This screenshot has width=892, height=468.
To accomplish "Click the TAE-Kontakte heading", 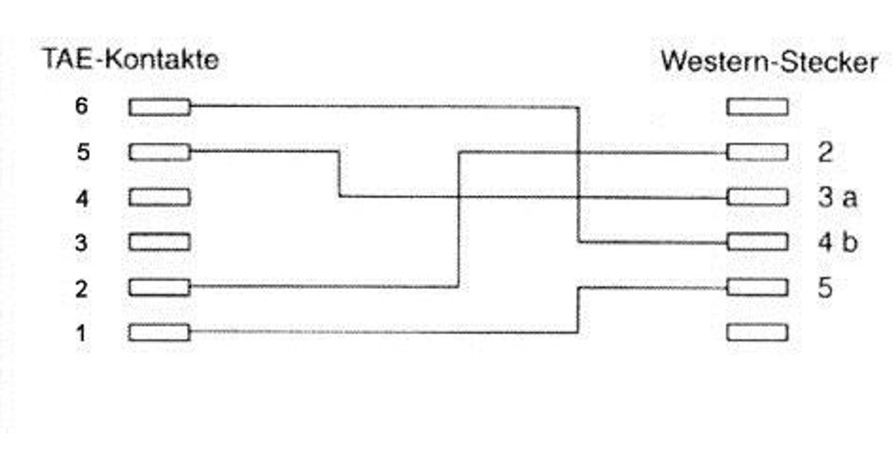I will pos(131,60).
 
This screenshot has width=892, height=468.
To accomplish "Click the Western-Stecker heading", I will pos(769,62).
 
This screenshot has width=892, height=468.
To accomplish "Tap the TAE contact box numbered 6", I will pos(159,108).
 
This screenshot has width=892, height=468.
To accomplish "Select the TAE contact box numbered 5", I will pos(159,153).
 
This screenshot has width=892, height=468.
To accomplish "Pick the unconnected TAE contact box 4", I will pos(159,198).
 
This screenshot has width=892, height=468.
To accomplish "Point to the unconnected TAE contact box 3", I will pos(159,242).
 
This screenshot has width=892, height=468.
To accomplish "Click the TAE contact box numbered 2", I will pos(159,287).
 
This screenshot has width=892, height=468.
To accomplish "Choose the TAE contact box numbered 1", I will pos(159,332).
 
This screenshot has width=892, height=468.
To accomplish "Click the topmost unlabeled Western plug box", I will pos(757,108).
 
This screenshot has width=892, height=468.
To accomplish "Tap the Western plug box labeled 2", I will pos(757,153).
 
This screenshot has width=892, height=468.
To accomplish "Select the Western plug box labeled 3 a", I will pos(757,198).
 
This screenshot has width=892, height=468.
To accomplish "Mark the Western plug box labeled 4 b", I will pos(757,242).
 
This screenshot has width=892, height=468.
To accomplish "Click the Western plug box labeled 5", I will pos(757,287).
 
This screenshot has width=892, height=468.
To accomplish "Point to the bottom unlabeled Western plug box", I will pos(757,332).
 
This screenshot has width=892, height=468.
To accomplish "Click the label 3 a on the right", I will pos(837,198).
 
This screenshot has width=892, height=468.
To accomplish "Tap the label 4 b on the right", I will pos(837,243).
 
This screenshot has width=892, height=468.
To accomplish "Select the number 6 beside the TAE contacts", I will pos(82,107).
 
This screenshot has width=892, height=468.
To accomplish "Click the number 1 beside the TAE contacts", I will pos(82,333).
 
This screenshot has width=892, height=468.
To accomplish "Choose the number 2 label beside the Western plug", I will pos(825,153).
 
